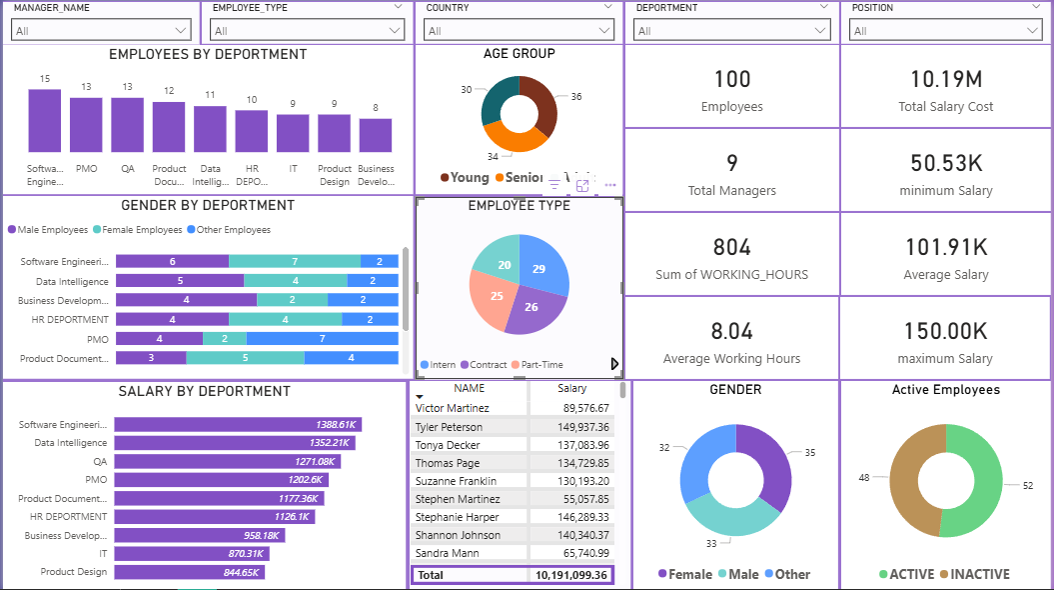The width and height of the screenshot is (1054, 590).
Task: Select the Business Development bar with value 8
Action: click(x=376, y=135)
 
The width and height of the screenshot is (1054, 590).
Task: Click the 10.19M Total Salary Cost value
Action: click(x=945, y=79)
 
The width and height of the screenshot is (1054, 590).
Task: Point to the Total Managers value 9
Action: click(x=731, y=163)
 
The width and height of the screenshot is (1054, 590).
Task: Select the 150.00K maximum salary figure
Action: click(x=945, y=331)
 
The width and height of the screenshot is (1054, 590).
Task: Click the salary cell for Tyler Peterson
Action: click(x=571, y=427)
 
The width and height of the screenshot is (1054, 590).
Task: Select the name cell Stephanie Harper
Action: click(x=457, y=517)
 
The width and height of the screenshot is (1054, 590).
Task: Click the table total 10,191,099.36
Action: click(x=570, y=575)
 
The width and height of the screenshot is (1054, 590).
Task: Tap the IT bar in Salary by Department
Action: click(x=190, y=553)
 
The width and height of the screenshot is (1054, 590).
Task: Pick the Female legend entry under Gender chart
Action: click(x=686, y=574)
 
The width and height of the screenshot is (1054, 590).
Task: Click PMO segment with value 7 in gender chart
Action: click(x=322, y=339)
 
